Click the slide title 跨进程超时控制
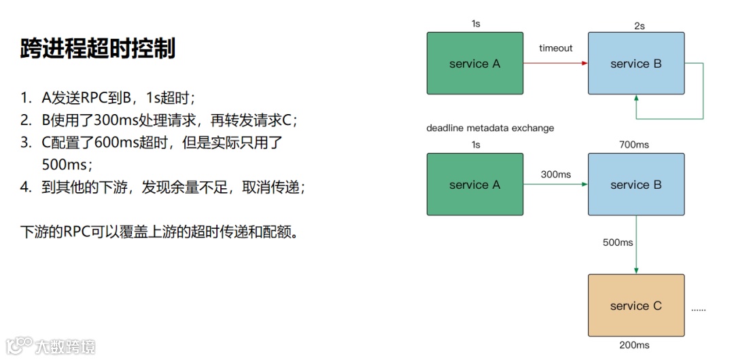pos(98,49)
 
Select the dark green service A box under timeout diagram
pos(474,64)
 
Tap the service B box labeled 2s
pos(635,64)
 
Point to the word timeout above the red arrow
pos(556,48)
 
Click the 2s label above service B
pos(639,26)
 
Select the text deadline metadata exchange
pos(490,128)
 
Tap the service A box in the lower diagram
pos(474,185)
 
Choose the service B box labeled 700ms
pos(635,185)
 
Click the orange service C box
pos(635,306)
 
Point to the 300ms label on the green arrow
pos(556,175)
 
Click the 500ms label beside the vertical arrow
pos(618,242)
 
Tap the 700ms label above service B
pos(634,145)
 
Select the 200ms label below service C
pos(634,345)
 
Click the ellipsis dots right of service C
pos(698,309)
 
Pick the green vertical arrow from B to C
pos(636,245)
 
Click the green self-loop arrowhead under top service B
pos(636,99)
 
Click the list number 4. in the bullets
pos(26,187)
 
